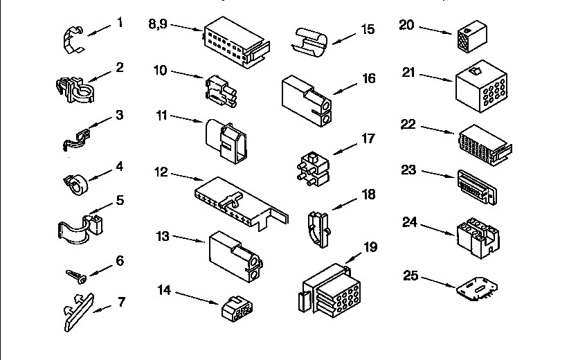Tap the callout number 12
coord(161,172)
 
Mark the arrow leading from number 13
coord(189,239)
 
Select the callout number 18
coord(368,195)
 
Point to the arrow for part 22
coord(437,131)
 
